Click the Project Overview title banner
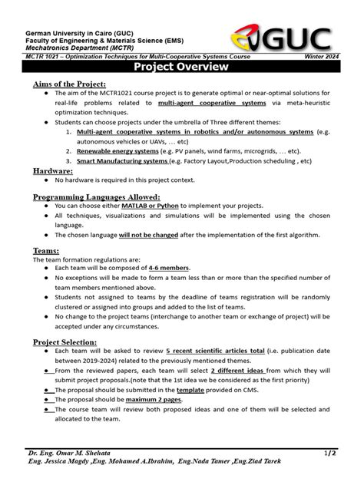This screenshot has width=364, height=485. click(181, 68)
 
